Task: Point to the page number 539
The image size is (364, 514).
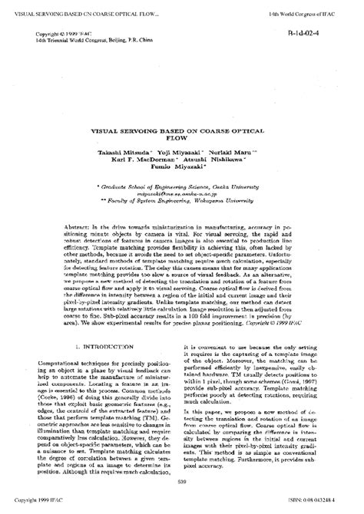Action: pyautogui.click(x=182, y=481)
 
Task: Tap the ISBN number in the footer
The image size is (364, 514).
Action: pyautogui.click(x=318, y=500)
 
